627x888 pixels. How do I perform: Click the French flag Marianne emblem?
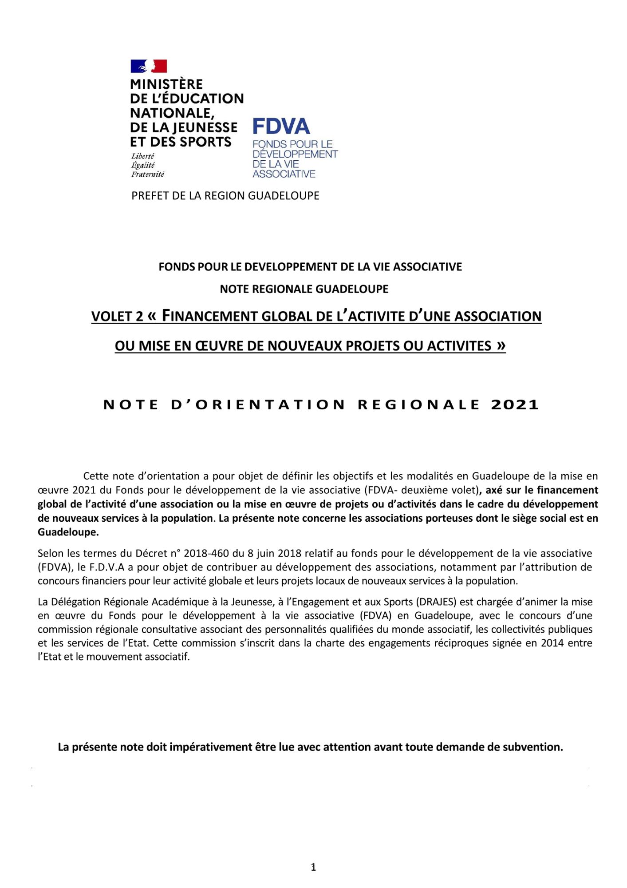[149, 66]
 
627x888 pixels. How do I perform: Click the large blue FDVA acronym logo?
[281, 127]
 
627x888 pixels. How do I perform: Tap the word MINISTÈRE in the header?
[166, 84]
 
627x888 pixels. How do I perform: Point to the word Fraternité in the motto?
[147, 174]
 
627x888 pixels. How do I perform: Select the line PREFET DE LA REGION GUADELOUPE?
[225, 196]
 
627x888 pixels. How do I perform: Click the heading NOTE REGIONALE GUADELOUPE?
[304, 289]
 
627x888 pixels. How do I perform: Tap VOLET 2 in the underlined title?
[117, 317]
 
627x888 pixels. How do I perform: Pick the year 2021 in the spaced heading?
[515, 405]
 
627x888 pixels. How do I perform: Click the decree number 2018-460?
[205, 553]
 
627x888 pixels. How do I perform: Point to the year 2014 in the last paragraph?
[552, 643]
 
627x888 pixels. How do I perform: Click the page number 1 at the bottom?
[313, 867]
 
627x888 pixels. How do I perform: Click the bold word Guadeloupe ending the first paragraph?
[67, 532]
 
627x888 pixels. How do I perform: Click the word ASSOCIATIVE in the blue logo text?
[284, 174]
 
